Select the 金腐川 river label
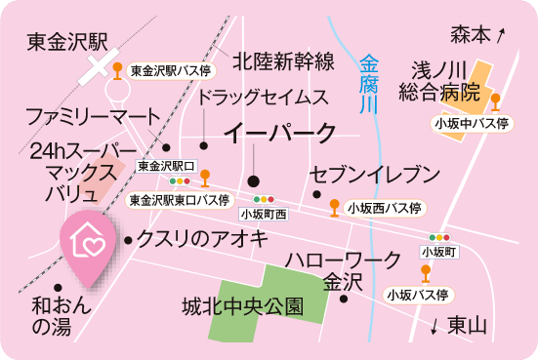coord(368,87)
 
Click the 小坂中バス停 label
coord(473,124)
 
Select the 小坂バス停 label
coord(416,293)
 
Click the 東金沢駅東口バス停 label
coord(180,199)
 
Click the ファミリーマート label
coord(92,115)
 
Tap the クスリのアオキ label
coord(201,238)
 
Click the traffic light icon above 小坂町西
coord(263,199)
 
